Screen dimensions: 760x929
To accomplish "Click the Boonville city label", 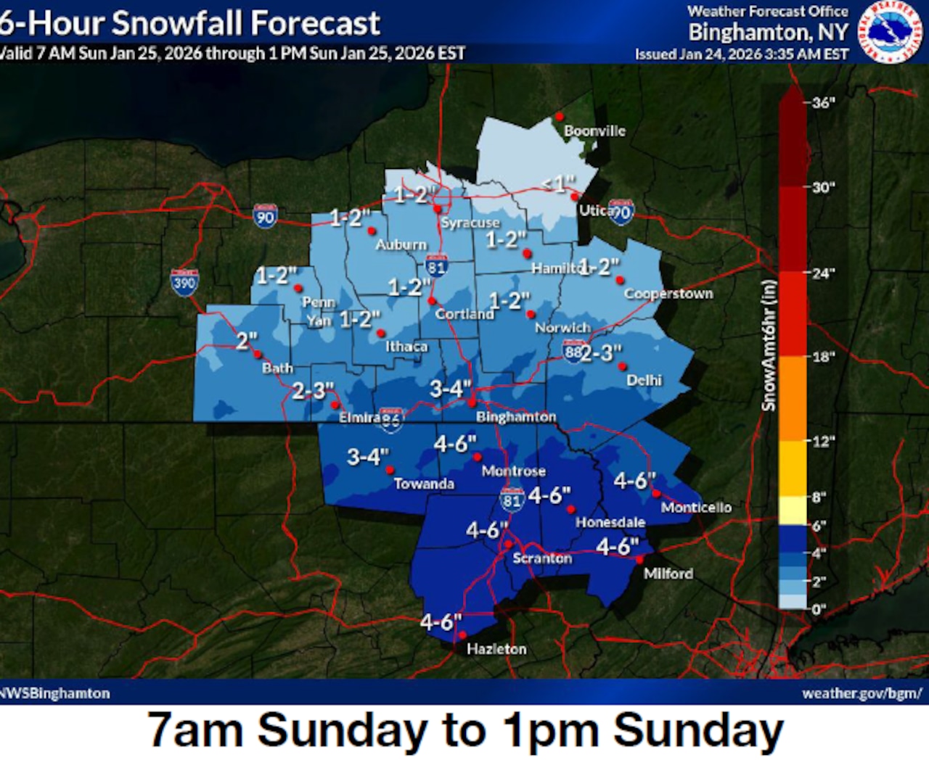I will coord(594,131).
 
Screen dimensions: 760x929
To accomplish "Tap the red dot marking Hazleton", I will coord(463,635).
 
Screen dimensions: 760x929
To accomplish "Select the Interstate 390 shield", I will coord(184,281).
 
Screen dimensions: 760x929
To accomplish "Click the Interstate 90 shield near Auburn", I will coord(266,216).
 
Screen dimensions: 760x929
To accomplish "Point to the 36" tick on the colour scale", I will coord(823,103).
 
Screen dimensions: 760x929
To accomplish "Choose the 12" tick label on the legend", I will coord(823,441).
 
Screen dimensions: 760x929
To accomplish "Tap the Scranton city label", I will coord(542,558).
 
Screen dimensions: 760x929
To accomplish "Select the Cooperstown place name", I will coord(668,294).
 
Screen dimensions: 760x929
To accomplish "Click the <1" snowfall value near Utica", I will coord(558,184).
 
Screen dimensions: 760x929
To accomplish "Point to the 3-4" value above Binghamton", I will coord(450,389).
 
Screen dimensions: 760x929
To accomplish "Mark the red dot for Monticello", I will coord(655,494).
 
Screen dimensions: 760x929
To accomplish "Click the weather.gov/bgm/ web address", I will coord(862,693).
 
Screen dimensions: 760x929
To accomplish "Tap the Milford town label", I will coord(668,574).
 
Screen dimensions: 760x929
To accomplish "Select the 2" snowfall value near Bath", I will coord(247,340).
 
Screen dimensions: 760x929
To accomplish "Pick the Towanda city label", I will coord(424,484).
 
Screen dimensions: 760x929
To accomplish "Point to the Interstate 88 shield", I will coord(573,352).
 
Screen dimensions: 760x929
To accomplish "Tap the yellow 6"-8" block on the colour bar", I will coord(793,511).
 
